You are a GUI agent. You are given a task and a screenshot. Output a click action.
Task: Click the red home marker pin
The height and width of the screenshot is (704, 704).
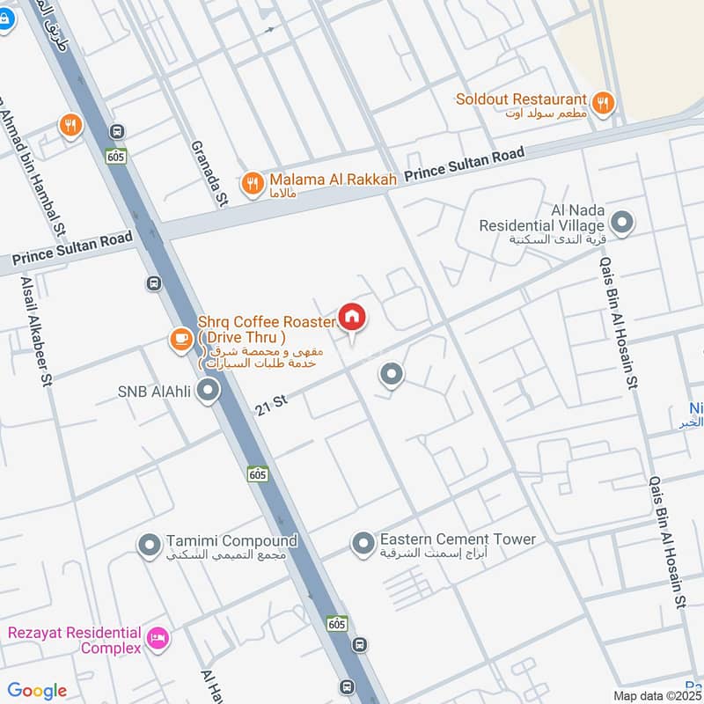click(352, 318)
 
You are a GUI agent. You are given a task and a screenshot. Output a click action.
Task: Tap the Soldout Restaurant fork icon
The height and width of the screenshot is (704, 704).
click(603, 104)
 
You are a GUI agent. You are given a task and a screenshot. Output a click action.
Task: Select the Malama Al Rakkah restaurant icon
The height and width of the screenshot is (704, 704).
click(253, 184)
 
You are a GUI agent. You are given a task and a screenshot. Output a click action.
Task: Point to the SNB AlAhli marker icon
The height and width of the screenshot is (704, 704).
click(208, 390)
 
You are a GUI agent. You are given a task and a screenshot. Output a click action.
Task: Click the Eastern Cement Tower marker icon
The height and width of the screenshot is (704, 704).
click(363, 545)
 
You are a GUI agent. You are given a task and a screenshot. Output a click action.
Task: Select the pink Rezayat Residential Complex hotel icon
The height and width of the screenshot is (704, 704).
click(158, 638)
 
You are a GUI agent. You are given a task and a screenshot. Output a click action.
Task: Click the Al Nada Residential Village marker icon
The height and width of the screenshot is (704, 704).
click(622, 223)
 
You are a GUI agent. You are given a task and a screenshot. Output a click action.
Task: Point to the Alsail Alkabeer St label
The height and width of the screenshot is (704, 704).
click(34, 327)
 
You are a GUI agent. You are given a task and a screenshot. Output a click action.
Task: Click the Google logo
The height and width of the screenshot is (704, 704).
click(37, 691)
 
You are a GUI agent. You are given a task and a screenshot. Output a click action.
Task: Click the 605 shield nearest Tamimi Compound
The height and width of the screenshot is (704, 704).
click(257, 473)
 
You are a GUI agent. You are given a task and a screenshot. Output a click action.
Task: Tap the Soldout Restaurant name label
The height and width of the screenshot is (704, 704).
click(521, 99)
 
